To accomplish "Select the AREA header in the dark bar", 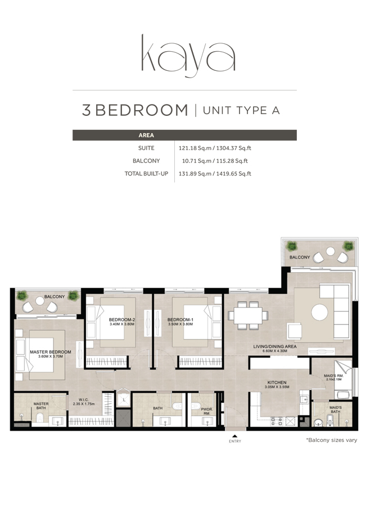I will pos(146,135).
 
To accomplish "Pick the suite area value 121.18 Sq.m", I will pos(193,148).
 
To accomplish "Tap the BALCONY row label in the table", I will pos(146,161).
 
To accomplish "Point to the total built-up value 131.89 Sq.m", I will pos(193,174).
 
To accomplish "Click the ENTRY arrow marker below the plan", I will pos(235,436).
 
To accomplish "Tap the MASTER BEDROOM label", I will pos(51,353).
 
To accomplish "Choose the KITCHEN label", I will pos(277,382).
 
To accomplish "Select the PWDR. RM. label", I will pos(206,412).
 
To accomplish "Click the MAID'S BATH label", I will pos(336,409).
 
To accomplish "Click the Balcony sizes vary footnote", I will pos(331,440).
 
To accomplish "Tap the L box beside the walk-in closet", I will pos(123,400).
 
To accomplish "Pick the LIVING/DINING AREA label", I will pos(275,347).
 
